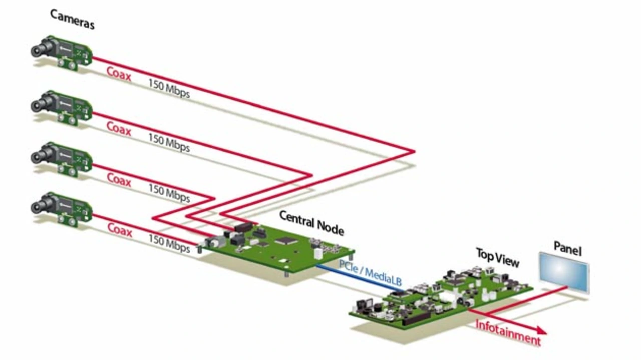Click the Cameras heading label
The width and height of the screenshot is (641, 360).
click(72, 19)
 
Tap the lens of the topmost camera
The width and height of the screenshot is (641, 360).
click(37, 51)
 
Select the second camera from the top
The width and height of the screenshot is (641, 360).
click(62, 108)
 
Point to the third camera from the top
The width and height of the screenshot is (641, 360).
click(62, 159)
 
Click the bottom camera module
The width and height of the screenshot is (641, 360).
click(62, 209)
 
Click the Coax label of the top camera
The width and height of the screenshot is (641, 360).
click(119, 74)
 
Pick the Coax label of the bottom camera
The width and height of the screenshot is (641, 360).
click(120, 230)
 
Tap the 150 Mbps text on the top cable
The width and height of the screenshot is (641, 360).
click(169, 89)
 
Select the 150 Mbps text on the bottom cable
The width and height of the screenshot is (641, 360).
click(169, 243)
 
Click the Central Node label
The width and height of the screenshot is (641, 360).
click(311, 223)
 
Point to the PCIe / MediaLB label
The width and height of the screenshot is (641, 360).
click(370, 273)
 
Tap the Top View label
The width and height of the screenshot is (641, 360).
click(497, 257)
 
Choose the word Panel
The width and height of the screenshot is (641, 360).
click(568, 249)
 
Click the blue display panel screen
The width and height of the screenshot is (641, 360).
click(564, 272)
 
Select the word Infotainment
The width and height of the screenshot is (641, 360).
click(508, 333)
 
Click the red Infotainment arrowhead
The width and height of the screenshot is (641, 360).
click(541, 330)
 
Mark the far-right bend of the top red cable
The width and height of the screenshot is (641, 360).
click(414, 151)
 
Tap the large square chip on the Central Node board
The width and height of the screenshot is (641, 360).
click(286, 241)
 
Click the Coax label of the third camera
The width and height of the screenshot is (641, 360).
click(119, 180)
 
